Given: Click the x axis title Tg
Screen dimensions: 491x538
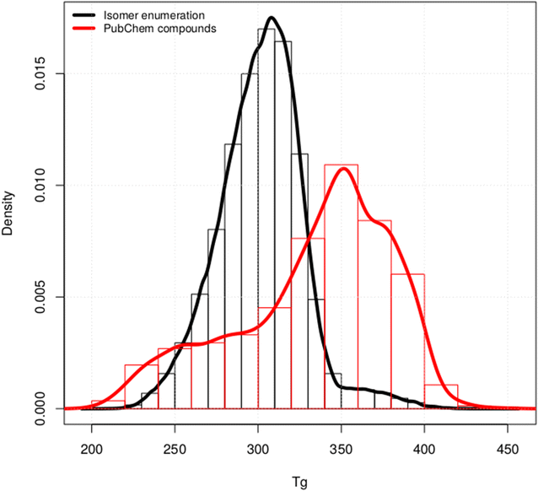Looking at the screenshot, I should tap(299, 475).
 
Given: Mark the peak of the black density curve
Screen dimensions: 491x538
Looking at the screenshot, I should tap(271, 18).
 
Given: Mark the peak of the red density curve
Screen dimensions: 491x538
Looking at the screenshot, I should tap(343, 168).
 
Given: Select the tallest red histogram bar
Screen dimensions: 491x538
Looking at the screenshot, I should tap(341, 287).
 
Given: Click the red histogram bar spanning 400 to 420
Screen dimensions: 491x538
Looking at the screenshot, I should tap(440, 397).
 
